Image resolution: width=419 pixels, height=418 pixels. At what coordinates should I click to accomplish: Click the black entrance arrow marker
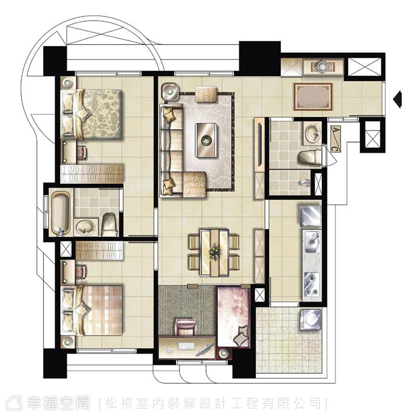pos(398,99)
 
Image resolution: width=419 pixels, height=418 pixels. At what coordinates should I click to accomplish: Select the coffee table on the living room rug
pos(206,140)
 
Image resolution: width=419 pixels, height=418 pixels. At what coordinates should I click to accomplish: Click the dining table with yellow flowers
pos(214,252)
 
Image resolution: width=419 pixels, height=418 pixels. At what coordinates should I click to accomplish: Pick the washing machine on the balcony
pos(310,319)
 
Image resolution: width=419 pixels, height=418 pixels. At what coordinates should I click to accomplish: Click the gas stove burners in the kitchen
pos(312,284)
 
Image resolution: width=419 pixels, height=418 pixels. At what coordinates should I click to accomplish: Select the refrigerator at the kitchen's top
pos(310,216)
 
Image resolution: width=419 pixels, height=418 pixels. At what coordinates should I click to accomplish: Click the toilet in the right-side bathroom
pos(310,158)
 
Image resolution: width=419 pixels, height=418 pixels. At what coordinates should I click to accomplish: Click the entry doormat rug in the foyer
pos(313,97)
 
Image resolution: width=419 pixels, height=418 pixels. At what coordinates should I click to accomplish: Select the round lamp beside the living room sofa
pos(170,91)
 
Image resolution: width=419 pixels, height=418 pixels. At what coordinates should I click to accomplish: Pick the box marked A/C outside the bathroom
pos(335,138)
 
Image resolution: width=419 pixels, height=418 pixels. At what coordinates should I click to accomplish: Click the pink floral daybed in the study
pos(234,317)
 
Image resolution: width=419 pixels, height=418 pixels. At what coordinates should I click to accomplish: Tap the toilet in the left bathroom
pos(110,225)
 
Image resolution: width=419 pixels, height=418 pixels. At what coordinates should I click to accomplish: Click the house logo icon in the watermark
pos(15,402)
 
